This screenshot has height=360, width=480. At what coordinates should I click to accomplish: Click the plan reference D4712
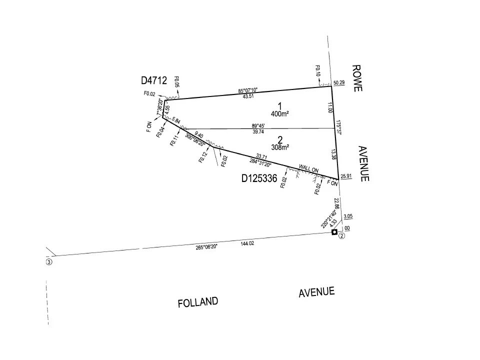154,80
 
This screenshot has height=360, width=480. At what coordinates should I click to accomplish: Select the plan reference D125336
259,178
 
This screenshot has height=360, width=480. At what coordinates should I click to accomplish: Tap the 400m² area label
280,114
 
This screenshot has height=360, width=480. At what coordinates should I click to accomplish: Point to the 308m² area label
280,147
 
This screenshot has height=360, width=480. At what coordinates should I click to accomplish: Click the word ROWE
357,78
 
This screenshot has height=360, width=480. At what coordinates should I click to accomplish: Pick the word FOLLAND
198,302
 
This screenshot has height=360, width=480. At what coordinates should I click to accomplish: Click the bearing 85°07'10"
248,90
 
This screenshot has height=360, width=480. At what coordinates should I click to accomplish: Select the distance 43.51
248,96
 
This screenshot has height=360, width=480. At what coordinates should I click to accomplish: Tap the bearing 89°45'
258,126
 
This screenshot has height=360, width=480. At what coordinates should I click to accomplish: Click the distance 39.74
258,131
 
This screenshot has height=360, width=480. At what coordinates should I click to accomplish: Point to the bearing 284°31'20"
260,162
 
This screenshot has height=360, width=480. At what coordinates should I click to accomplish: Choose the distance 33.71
261,156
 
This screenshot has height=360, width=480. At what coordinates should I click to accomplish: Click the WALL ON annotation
308,168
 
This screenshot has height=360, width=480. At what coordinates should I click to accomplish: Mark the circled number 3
49,262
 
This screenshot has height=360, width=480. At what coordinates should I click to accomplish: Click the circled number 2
341,235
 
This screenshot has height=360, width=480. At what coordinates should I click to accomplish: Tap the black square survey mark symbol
334,232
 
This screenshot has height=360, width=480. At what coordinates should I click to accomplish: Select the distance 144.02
247,243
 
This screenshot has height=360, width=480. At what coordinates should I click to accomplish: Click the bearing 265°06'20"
206,246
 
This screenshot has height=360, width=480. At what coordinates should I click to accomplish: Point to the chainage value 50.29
339,82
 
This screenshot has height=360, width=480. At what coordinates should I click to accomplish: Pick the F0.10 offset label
318,70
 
